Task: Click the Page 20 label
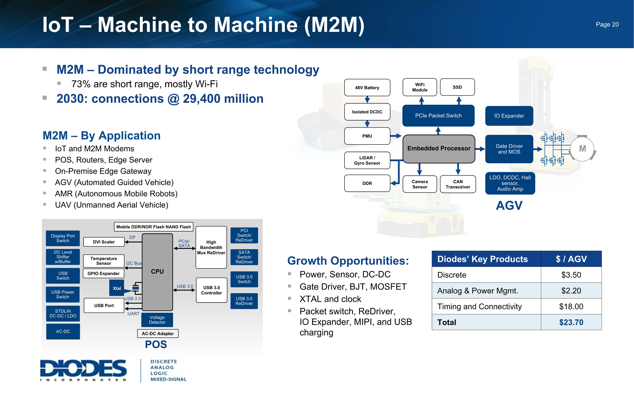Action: tap(607, 24)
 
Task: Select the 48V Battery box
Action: tap(367, 88)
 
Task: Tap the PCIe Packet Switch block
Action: tap(438, 116)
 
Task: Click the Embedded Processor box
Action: tap(439, 148)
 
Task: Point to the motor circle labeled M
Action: tap(582, 148)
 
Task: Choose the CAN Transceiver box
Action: tap(458, 184)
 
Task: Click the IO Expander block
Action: tap(509, 116)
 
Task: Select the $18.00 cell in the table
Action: tap(571, 306)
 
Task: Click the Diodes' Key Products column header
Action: tap(482, 259)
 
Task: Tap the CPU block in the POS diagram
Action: tap(157, 272)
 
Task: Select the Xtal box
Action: tap(117, 288)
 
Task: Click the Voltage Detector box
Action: tap(157, 320)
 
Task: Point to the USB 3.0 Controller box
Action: tap(211, 290)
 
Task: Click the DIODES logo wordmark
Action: tap(83, 369)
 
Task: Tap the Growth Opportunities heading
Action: tap(348, 261)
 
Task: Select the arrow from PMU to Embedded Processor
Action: tap(396, 136)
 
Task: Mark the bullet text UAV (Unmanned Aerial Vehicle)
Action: tap(112, 205)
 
